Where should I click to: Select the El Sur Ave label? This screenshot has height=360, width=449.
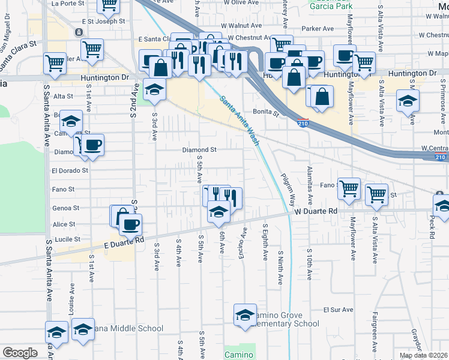tap(336, 310)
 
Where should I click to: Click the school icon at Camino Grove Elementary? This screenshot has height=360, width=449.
tap(245, 316)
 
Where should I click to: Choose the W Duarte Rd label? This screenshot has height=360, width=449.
tap(316, 212)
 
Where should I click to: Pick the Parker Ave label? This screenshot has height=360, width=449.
tap(318, 28)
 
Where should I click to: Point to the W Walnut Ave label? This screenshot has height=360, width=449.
tap(241, 26)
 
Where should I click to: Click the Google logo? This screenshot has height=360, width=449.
tap(20, 353)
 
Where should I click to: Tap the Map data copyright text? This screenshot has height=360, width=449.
tap(424, 355)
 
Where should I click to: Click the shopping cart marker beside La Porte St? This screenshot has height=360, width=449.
tap(109, 5)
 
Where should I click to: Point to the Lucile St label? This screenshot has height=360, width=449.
tap(68, 239)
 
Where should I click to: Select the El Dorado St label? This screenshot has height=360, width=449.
tap(70, 170)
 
